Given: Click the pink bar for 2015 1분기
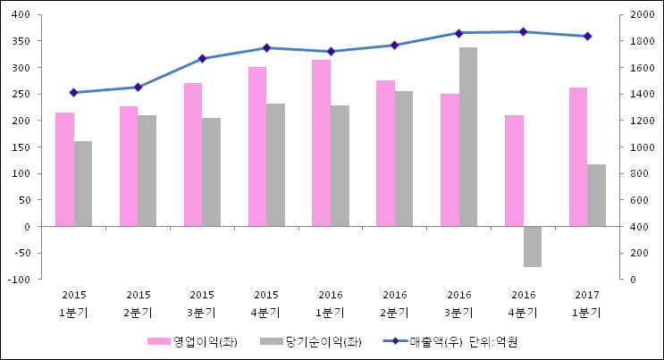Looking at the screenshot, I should point(64,170).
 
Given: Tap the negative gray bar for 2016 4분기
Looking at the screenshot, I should point(532,247).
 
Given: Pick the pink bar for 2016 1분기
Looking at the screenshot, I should point(321,143).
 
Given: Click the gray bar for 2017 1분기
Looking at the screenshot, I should point(596,196).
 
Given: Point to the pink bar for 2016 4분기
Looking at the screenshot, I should point(514,171).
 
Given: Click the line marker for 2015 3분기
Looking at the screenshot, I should point(202,59).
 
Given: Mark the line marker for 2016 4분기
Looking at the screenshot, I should point(523,32).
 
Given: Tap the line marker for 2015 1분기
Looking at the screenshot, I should point(73,92).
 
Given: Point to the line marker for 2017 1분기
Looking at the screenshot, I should point(587,37).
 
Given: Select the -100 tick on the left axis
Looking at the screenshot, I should point(20,280).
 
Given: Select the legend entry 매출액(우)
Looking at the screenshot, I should point(432,341).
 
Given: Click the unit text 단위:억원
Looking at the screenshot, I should point(493,341).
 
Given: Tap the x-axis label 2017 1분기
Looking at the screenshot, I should point(587,304).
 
